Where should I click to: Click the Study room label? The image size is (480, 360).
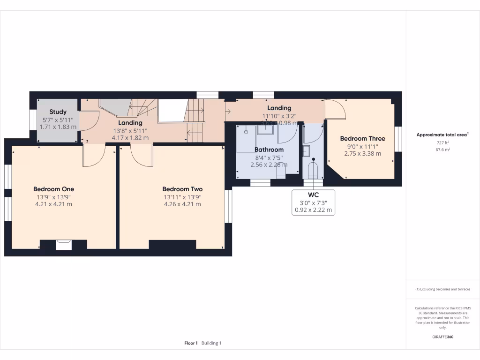click(58, 112)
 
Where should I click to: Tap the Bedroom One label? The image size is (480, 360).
click(53, 189)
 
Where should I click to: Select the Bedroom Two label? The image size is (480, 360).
click(182, 189)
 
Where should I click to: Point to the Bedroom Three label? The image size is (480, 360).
click(362, 138)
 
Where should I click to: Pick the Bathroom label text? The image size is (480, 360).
click(269, 150)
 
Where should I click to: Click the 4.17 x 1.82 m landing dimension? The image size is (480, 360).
click(130, 138)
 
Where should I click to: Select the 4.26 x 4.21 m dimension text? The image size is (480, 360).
click(182, 204)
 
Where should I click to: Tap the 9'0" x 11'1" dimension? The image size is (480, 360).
click(362, 146)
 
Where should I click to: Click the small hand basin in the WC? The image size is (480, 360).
click(306, 151)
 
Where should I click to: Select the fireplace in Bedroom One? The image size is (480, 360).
click(63, 244)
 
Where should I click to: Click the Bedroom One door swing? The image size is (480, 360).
click(94, 156)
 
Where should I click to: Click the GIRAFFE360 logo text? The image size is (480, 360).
click(443, 337)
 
